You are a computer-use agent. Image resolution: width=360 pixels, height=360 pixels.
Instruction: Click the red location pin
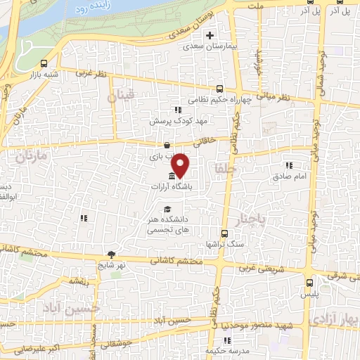(181, 166)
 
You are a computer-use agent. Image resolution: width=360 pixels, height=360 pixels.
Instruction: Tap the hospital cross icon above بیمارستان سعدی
(209, 35)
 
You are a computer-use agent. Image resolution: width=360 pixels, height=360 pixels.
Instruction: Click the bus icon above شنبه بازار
(44, 63)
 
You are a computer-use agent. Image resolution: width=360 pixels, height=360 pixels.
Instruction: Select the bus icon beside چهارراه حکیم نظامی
(220, 89)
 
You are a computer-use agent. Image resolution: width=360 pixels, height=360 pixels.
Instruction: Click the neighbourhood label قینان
(120, 98)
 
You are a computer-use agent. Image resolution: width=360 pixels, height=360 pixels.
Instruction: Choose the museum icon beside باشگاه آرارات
(173, 176)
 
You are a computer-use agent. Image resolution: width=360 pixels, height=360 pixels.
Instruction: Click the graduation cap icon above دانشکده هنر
(167, 209)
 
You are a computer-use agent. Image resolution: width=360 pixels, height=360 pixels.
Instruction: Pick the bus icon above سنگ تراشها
(224, 233)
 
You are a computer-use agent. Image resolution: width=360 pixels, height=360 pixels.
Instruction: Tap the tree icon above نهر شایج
(110, 255)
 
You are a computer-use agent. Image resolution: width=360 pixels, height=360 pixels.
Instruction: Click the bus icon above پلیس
(309, 283)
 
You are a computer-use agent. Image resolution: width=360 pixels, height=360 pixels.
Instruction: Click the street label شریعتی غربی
(258, 268)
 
